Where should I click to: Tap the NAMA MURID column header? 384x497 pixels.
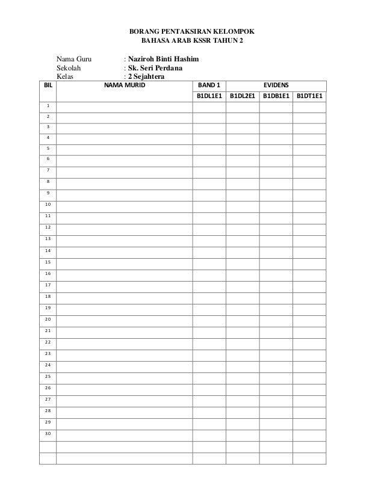[x=125, y=85]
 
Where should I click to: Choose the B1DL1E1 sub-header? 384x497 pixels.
[x=209, y=96]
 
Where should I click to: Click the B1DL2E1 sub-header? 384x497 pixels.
[x=243, y=96]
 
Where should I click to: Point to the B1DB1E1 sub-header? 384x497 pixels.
[x=276, y=96]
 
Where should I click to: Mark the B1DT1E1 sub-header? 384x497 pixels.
[x=310, y=96]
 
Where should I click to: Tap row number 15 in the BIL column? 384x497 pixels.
[x=48, y=262]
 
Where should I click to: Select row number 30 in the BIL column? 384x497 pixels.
[x=48, y=434]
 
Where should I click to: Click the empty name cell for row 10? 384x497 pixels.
[x=125, y=205]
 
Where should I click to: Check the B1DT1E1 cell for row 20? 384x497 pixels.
[x=310, y=319]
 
